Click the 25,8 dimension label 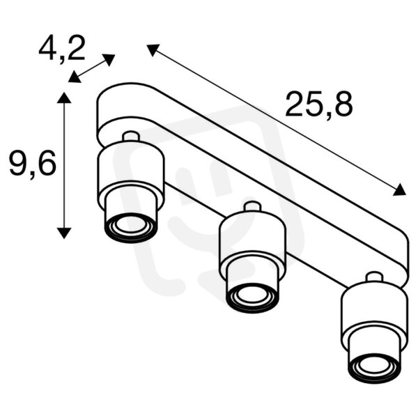(319, 104)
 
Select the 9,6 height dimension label (33, 163)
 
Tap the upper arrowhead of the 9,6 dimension (64, 98)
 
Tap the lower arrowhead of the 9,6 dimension (64, 233)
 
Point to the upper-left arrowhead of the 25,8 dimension (153, 49)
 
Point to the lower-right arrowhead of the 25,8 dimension (400, 189)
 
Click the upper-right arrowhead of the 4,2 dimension (109, 59)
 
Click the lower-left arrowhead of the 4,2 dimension (75, 77)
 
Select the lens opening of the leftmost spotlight (130, 224)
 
